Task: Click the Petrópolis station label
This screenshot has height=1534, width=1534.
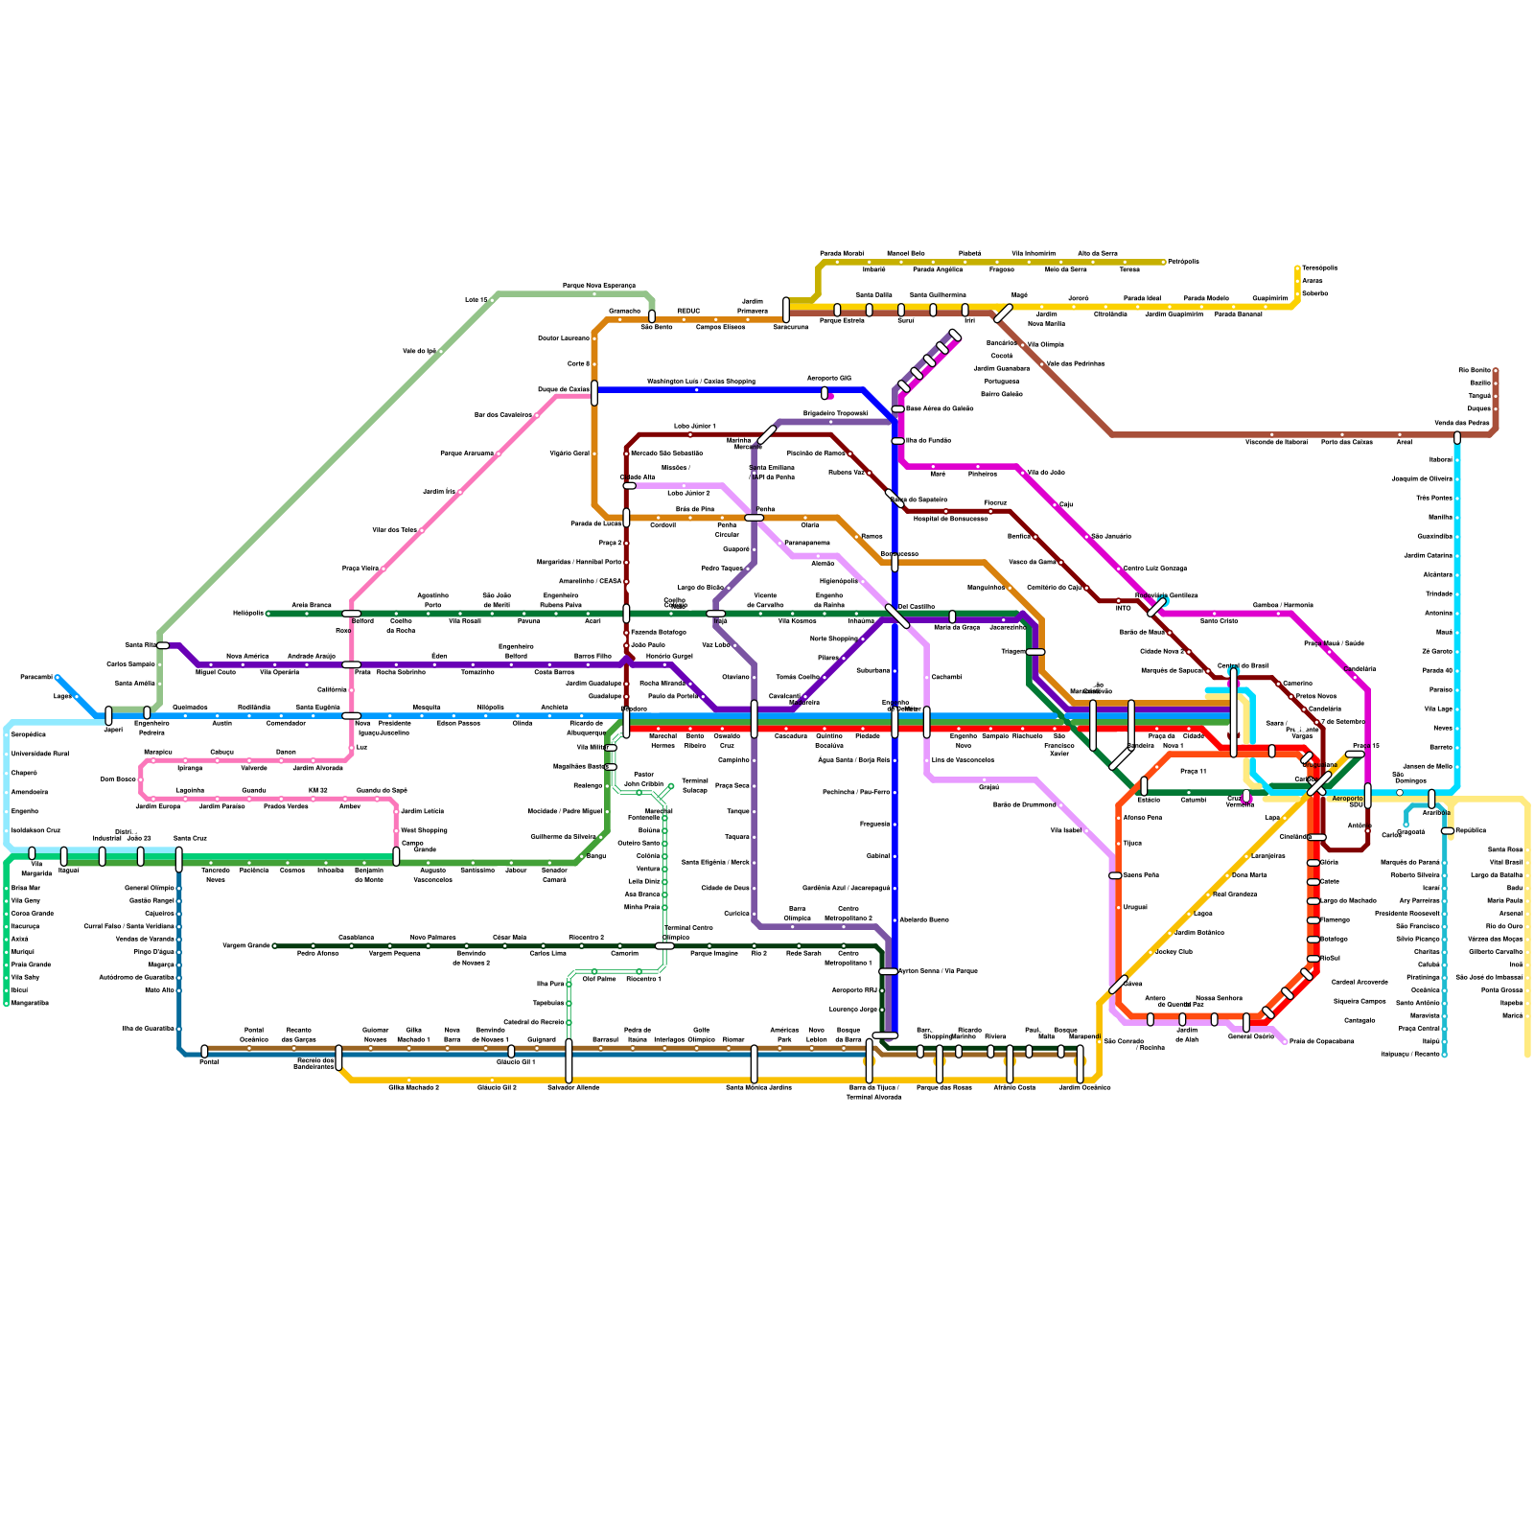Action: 1183,262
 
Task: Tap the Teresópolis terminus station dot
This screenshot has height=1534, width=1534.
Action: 1297,268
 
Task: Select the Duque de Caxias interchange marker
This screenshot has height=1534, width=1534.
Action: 594,393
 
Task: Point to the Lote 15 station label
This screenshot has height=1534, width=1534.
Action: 476,300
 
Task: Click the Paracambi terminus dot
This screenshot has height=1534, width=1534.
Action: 58,678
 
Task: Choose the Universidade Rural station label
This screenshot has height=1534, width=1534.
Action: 40,754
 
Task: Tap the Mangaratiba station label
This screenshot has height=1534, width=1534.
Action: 30,1003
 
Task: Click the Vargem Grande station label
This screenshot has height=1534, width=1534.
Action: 246,945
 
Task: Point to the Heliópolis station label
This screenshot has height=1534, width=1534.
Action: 247,613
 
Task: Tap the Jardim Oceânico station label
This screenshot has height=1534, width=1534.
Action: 1084,1087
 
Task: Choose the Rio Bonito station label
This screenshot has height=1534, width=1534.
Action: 1475,370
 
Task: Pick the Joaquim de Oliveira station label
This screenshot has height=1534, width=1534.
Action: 1422,478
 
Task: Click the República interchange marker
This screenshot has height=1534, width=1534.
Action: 1448,831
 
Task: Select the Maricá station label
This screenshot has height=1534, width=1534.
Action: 1512,1015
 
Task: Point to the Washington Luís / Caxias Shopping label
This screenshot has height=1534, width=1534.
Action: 701,382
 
